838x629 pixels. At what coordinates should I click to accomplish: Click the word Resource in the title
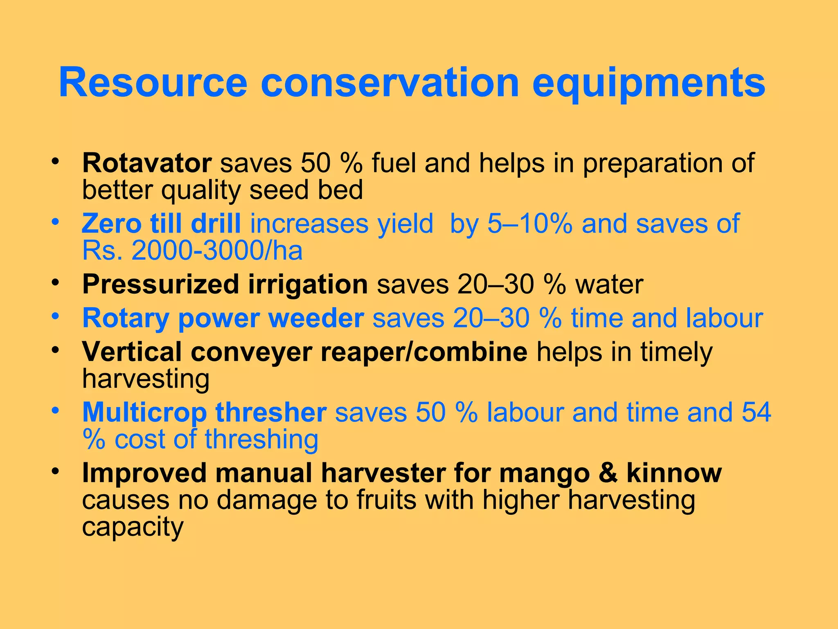[x=153, y=83]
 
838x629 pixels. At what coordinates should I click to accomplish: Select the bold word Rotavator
[x=147, y=163]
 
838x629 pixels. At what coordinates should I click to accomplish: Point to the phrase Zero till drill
[x=161, y=224]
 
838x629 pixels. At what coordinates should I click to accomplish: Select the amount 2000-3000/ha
[x=217, y=250]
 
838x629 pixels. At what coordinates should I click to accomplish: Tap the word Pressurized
[x=160, y=284]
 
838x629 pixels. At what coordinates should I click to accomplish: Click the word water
[x=609, y=284]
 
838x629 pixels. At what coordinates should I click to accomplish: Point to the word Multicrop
[x=144, y=412]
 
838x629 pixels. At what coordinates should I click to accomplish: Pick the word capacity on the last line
[x=133, y=527]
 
